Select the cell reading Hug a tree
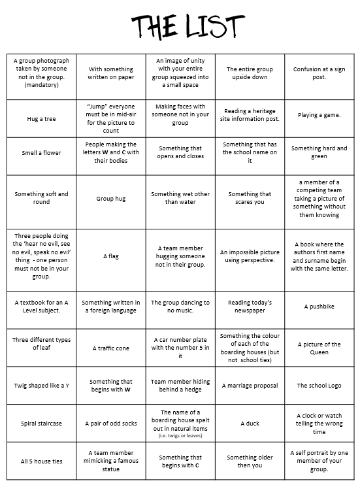41,119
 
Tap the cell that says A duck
250,424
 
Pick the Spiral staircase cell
41,424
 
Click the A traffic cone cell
110,348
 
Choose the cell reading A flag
110,256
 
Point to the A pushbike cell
319,307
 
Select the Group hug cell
110,198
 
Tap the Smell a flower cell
41,153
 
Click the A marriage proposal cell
250,386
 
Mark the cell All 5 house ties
41,461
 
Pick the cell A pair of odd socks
110,424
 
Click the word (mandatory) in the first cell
41,85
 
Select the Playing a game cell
319,115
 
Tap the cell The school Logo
319,386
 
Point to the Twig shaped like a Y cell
41,386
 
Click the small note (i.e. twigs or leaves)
180,435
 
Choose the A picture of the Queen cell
319,348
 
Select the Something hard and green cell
319,152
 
